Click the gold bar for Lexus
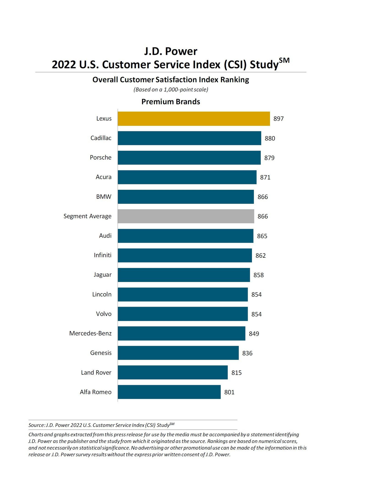(194, 119)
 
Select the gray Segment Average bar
(186, 216)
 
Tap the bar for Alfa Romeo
(169, 392)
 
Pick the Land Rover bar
(172, 372)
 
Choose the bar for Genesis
(178, 353)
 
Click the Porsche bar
(189, 158)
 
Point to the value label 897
(278, 119)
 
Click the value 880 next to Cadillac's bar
(270, 138)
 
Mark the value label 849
(254, 334)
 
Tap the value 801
(229, 392)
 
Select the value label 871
(265, 177)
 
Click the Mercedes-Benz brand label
(90, 333)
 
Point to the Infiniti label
(102, 255)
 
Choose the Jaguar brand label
(102, 275)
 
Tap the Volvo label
(103, 314)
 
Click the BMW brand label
(104, 197)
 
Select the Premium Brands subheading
(171, 102)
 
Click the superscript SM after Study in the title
(284, 60)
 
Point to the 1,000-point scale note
(171, 89)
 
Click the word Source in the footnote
(36, 425)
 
